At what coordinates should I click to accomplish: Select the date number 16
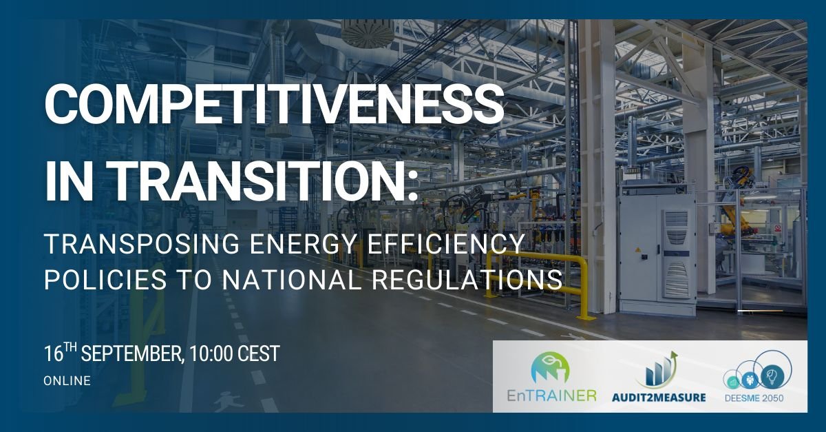pyautogui.click(x=54, y=354)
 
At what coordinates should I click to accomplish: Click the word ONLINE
pyautogui.click(x=67, y=380)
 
